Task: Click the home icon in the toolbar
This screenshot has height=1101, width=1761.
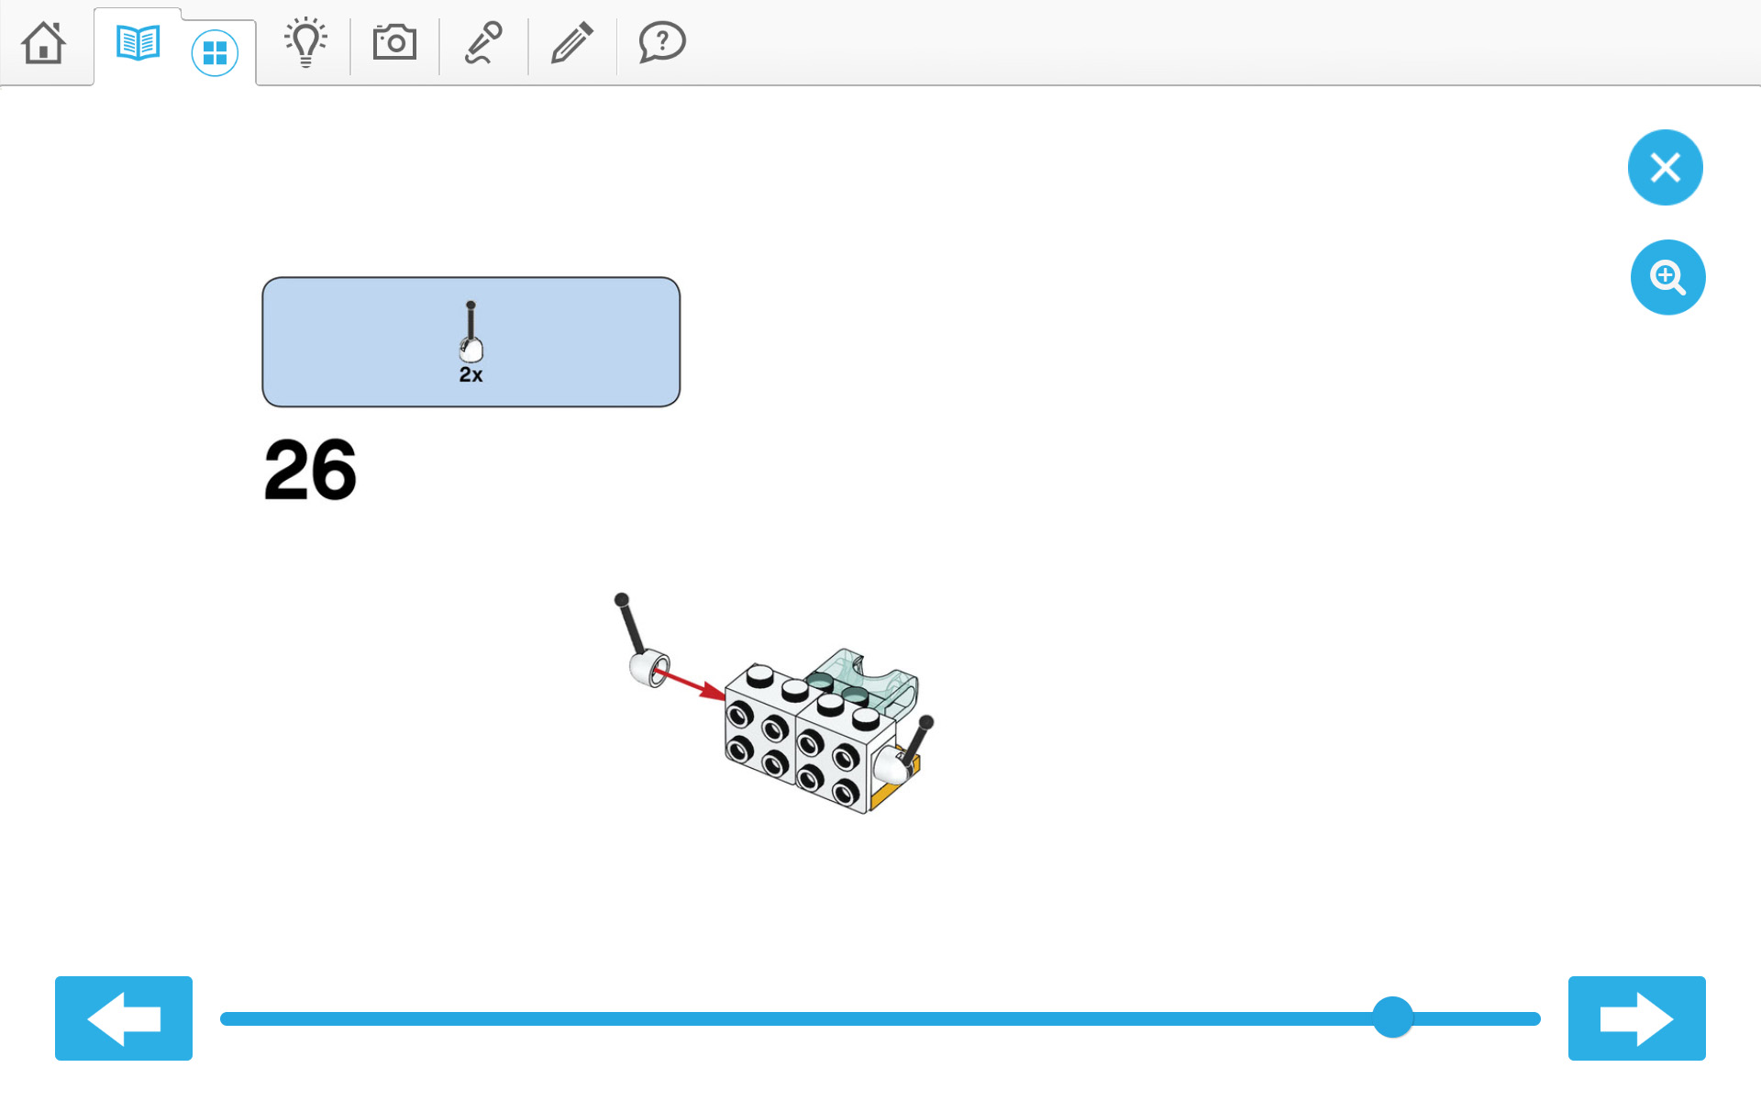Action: click(x=44, y=43)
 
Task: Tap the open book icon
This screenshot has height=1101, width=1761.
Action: click(x=138, y=43)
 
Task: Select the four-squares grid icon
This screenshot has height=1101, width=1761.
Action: click(x=215, y=53)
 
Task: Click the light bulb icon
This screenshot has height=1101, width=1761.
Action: click(x=305, y=42)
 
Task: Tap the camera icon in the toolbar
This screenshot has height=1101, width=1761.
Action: click(x=394, y=42)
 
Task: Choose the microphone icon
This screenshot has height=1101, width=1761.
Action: click(x=483, y=42)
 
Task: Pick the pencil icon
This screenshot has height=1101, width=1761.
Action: click(x=572, y=42)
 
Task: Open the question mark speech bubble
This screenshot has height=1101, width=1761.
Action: click(x=662, y=42)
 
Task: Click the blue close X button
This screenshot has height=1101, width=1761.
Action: click(x=1666, y=167)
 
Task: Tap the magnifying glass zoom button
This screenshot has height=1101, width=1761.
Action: click(x=1667, y=277)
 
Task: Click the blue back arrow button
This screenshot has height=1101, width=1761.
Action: click(x=124, y=1018)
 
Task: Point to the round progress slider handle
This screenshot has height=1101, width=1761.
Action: click(x=1392, y=1018)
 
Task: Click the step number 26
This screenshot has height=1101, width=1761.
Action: click(x=310, y=470)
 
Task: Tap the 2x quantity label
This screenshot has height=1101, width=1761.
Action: click(x=471, y=374)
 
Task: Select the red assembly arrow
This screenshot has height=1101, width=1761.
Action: click(x=690, y=684)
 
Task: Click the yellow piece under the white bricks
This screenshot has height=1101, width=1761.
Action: click(x=893, y=785)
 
